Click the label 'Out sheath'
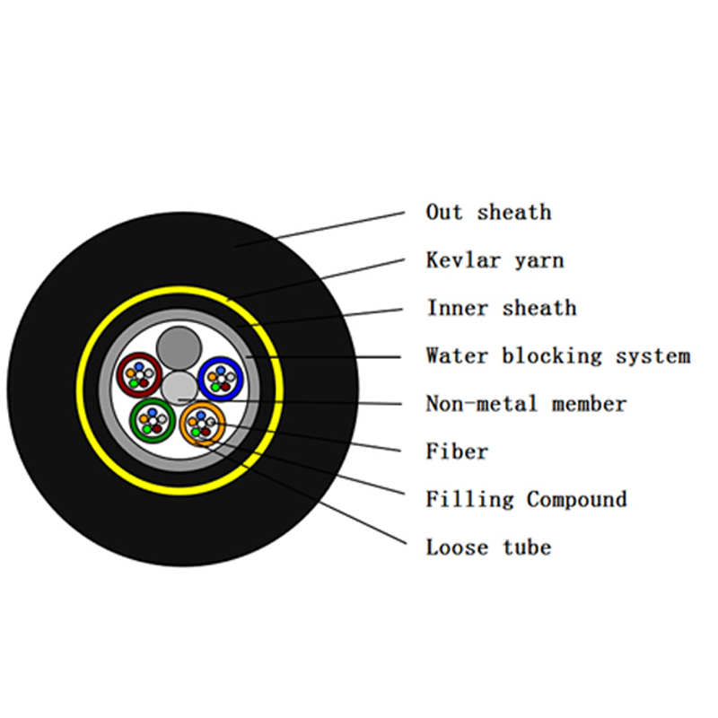(x=488, y=213)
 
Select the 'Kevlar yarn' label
(x=495, y=260)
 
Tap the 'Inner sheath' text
(x=502, y=308)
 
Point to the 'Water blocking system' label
(x=558, y=356)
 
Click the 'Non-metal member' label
(x=526, y=404)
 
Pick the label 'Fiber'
(x=457, y=451)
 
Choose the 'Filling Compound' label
(x=526, y=500)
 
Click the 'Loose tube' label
(x=488, y=547)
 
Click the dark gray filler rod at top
(x=179, y=348)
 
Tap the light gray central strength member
(x=179, y=389)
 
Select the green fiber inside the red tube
(x=134, y=383)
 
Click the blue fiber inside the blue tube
(x=221, y=370)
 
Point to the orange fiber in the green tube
(x=144, y=418)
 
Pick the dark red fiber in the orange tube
(x=206, y=432)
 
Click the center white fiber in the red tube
(x=139, y=375)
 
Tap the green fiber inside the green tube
(x=147, y=429)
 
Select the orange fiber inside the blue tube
(x=212, y=377)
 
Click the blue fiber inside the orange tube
(x=200, y=416)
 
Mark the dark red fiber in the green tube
(x=157, y=429)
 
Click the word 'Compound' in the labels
(x=576, y=500)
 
